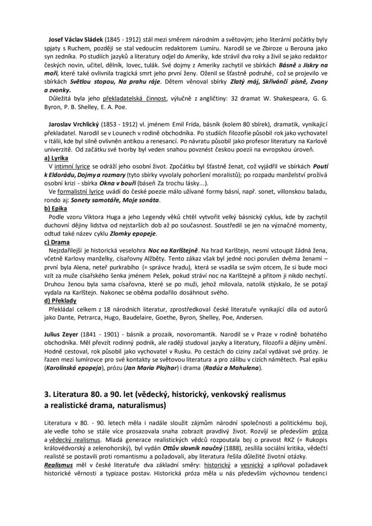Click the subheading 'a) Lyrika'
tap(56, 158)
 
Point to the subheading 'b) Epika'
tap(55, 208)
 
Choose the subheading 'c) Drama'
tap(57, 242)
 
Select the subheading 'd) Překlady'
tap(60, 301)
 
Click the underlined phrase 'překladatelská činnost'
tap(134, 99)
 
